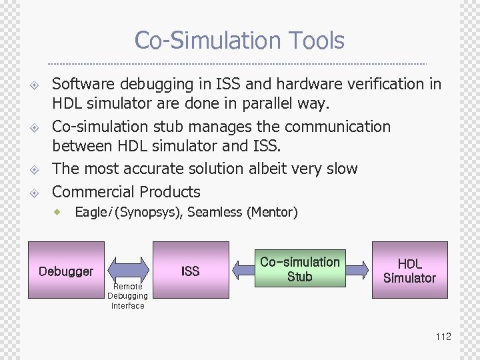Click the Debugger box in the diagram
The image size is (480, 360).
[66, 271]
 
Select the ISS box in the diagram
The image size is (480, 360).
[191, 271]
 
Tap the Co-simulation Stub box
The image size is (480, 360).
[300, 269]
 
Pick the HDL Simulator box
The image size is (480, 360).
[409, 271]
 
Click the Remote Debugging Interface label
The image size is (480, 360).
[127, 296]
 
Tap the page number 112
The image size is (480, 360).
[443, 337]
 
